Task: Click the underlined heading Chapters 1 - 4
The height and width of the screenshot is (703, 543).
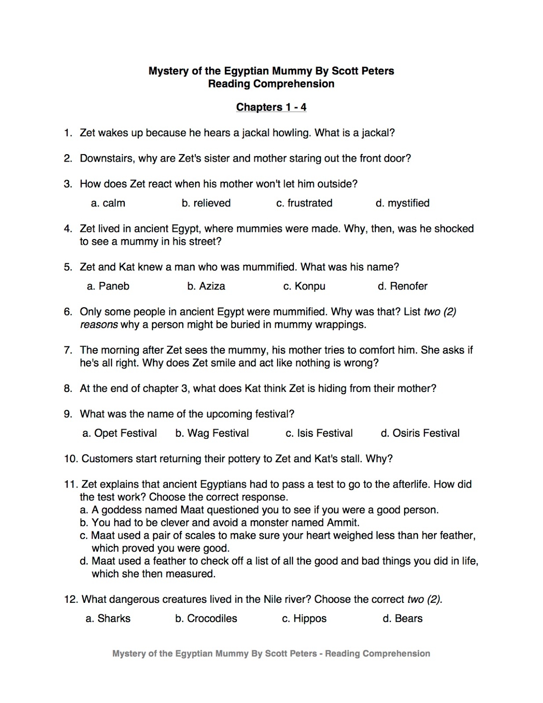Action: pyautogui.click(x=271, y=107)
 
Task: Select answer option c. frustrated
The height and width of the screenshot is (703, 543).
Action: pyautogui.click(x=304, y=203)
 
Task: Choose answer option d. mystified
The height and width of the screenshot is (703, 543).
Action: pyautogui.click(x=402, y=203)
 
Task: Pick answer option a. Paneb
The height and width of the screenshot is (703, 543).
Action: pyautogui.click(x=108, y=286)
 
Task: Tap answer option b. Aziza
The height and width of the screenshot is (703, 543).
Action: pyautogui.click(x=206, y=286)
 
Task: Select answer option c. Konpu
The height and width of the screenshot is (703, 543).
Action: pyautogui.click(x=304, y=286)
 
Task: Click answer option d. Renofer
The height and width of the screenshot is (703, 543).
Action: pyautogui.click(x=402, y=286)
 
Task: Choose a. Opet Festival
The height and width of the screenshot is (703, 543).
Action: pyautogui.click(x=119, y=433)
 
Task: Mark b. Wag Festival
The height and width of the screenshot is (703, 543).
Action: pyautogui.click(x=212, y=433)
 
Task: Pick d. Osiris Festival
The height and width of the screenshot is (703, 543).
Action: pyautogui.click(x=420, y=433)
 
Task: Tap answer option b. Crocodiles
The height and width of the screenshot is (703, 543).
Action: pyautogui.click(x=206, y=619)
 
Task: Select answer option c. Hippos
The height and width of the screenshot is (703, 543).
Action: pyautogui.click(x=304, y=619)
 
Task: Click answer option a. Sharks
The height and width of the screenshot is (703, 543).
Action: pyautogui.click(x=108, y=619)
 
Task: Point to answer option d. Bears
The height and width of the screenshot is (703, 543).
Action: pyautogui.click(x=402, y=619)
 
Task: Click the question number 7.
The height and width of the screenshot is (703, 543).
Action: pyautogui.click(x=68, y=350)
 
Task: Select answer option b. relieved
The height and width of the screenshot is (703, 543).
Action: pyautogui.click(x=206, y=203)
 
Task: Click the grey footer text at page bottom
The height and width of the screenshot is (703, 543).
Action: pyautogui.click(x=271, y=654)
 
